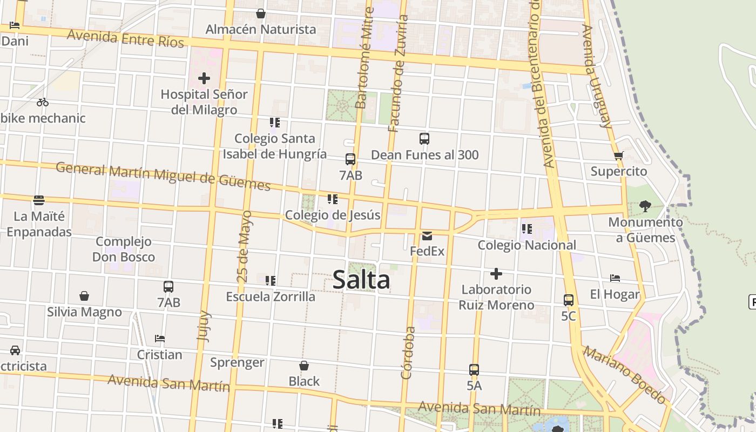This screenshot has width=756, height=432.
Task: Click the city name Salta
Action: (x=361, y=280)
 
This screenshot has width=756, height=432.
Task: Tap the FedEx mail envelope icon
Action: (x=427, y=235)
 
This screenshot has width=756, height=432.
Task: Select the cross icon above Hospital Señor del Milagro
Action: (x=204, y=78)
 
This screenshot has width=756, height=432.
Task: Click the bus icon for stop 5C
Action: (x=569, y=300)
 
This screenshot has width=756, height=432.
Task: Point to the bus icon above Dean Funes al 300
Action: (x=424, y=139)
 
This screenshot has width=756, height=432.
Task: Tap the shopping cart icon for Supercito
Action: (x=619, y=156)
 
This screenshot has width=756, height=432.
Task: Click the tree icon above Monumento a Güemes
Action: (x=645, y=206)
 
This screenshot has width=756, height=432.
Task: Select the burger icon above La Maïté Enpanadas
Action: (x=39, y=200)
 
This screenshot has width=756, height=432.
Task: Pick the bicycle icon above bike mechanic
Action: (x=43, y=102)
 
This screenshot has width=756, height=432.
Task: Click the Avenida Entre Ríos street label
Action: (x=126, y=39)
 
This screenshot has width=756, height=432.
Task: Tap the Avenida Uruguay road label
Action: (x=597, y=76)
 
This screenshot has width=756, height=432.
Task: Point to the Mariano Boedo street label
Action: (x=625, y=375)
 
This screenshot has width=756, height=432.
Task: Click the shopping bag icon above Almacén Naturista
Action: (x=261, y=13)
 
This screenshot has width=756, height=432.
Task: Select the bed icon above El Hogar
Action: (x=615, y=278)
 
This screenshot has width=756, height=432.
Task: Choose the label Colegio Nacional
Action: (x=527, y=245)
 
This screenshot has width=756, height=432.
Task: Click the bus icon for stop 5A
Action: (x=474, y=370)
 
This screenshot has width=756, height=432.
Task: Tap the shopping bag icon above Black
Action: (x=304, y=366)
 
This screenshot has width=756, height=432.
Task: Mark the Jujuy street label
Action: (x=204, y=326)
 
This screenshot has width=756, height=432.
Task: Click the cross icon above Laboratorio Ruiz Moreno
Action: (x=496, y=274)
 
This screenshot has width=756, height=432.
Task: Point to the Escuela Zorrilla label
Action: (x=271, y=296)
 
